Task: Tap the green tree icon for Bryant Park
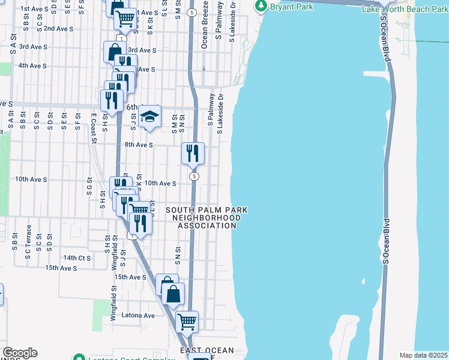[x=262, y=7]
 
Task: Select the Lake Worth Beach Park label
[x=404, y=10]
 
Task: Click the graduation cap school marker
[x=149, y=116]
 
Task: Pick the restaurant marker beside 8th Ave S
[x=193, y=154]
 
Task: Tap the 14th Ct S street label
[x=77, y=257]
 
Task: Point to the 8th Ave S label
[x=139, y=145]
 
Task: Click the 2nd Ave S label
[x=58, y=28]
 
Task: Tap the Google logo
[x=20, y=353]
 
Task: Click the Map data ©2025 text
[x=424, y=355]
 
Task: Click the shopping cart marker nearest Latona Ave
[x=187, y=321]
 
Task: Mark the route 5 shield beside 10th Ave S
[x=194, y=176]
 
